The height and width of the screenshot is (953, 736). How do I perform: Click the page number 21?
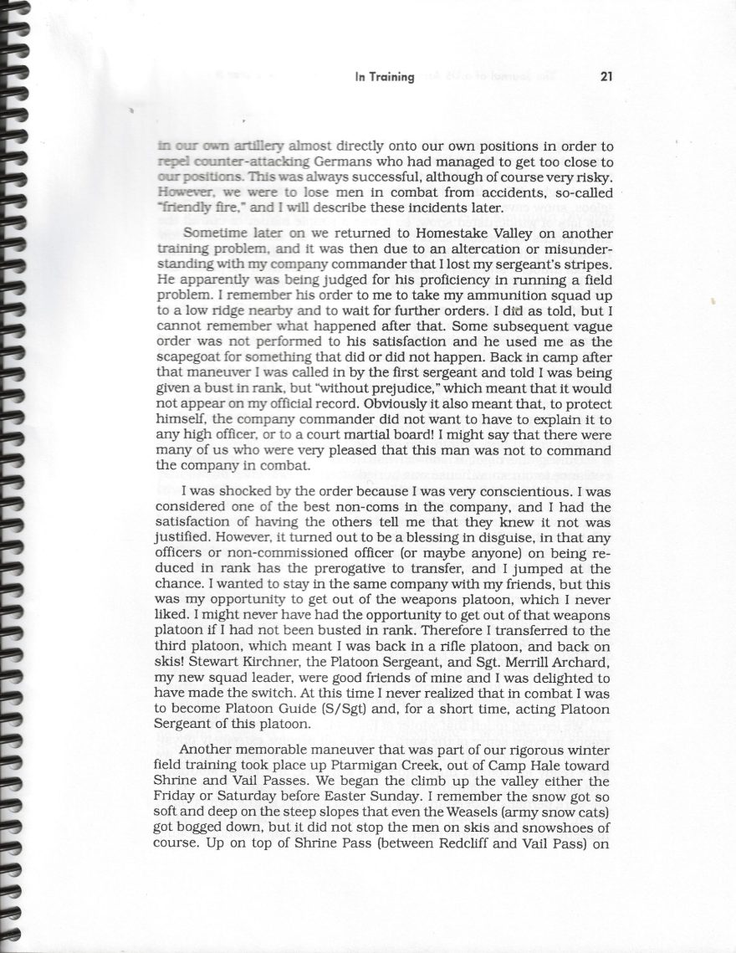coord(607,77)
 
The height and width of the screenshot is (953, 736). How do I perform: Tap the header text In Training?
coord(385,78)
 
